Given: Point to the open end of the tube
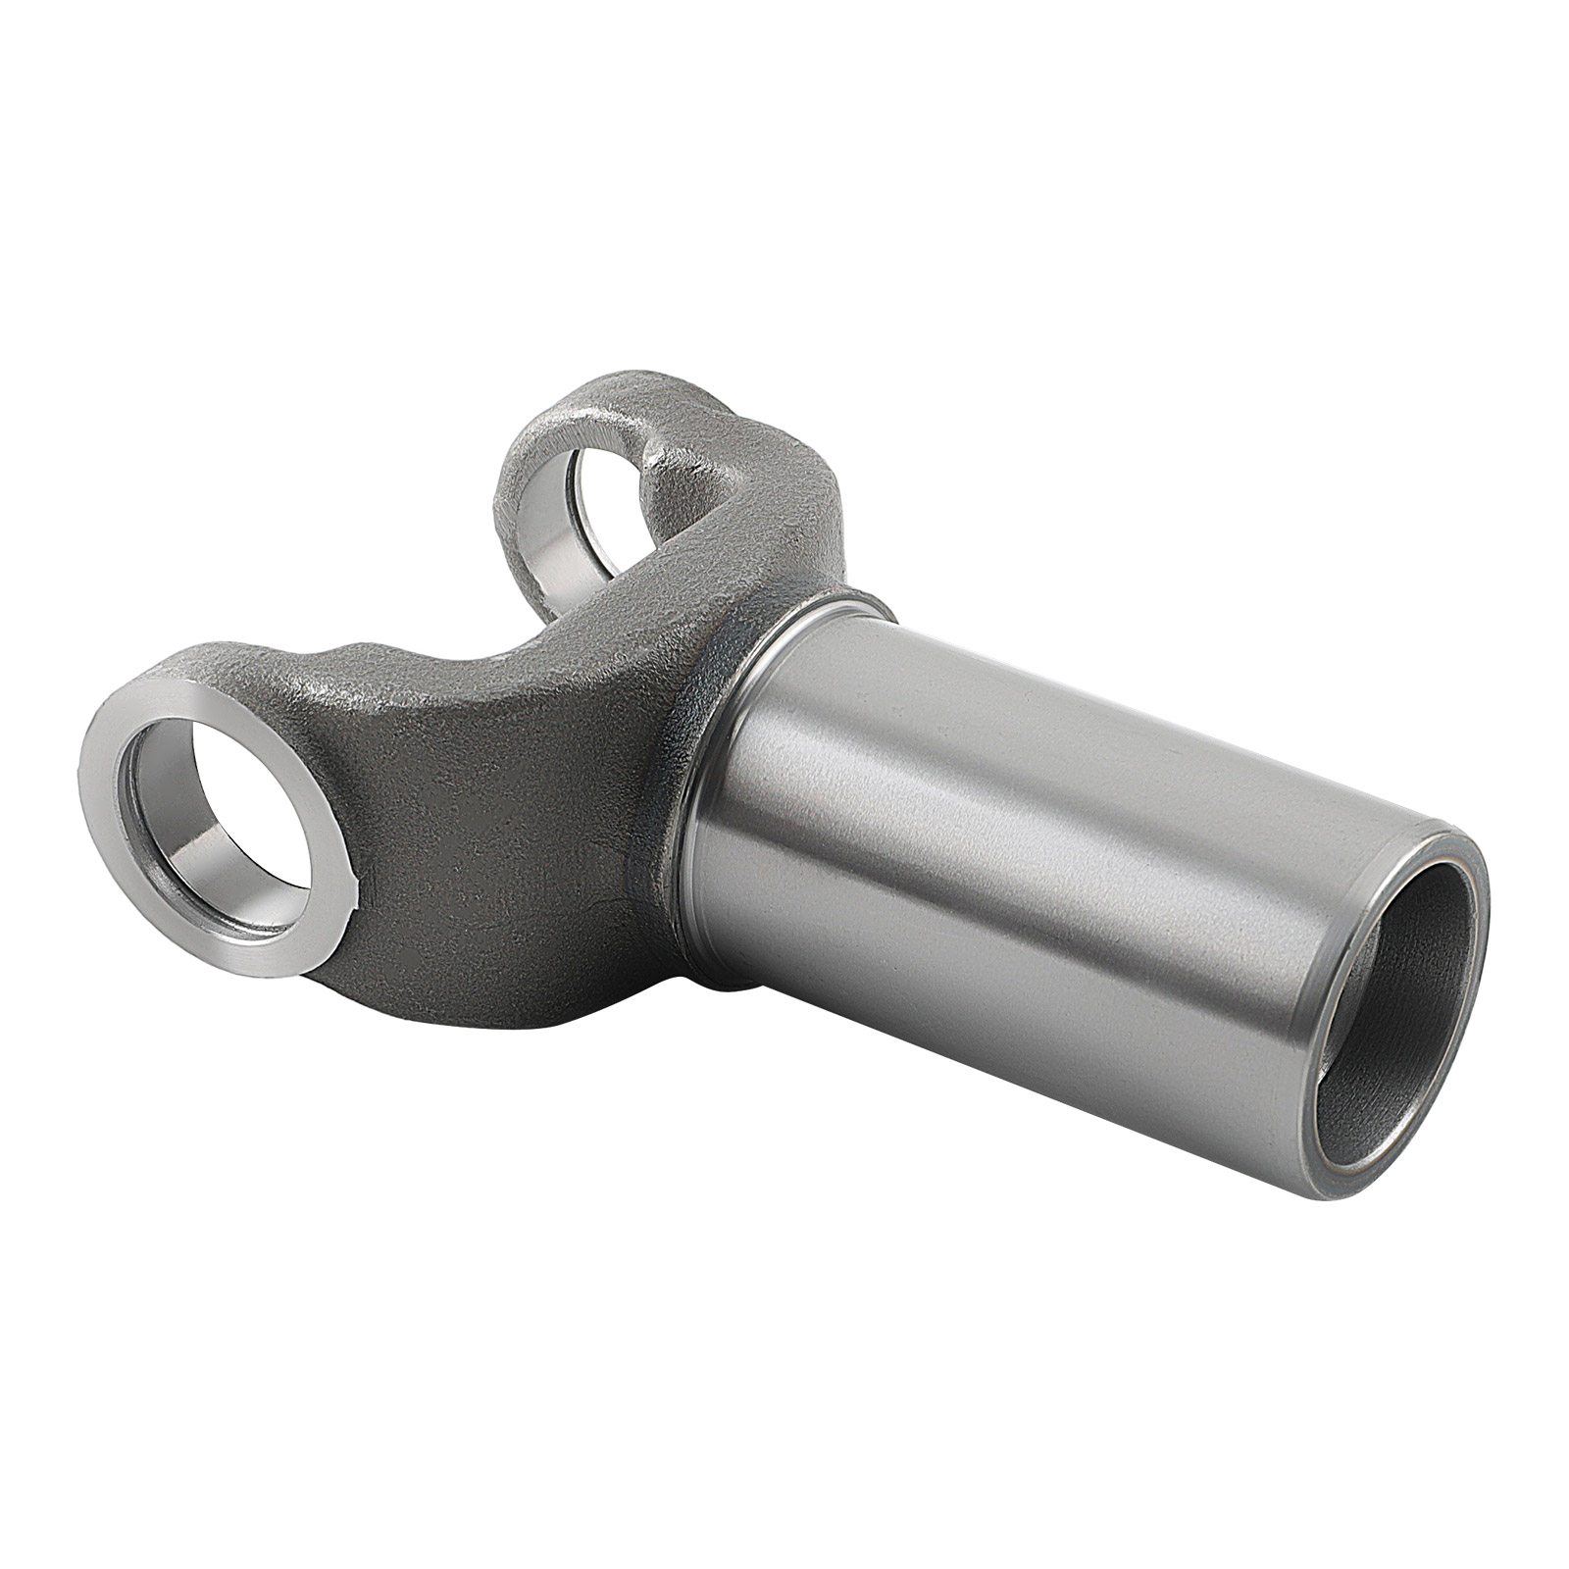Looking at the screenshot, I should pyautogui.click(x=1392, y=1010).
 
